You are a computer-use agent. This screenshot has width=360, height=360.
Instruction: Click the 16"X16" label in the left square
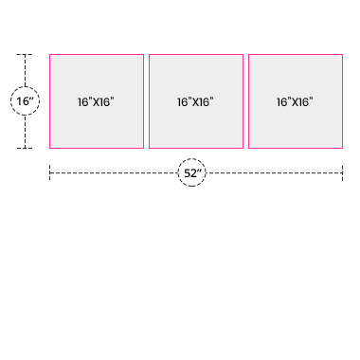[x=96, y=102]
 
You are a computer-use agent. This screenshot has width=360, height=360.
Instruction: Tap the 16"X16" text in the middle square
[x=195, y=102]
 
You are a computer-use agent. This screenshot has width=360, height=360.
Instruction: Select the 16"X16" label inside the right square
[x=295, y=102]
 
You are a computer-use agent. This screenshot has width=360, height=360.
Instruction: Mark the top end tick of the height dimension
[x=25, y=55]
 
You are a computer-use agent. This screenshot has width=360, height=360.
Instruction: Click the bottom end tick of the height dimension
[x=25, y=148]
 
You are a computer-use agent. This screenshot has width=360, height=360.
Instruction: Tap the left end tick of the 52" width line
[x=49, y=172]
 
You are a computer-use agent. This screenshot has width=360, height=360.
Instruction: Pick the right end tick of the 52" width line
[x=342, y=172]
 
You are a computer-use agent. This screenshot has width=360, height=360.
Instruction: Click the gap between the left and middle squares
[x=146, y=101]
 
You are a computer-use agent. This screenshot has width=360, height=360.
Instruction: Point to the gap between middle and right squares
[x=245, y=101]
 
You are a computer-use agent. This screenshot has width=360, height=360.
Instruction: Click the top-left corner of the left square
[x=49, y=54]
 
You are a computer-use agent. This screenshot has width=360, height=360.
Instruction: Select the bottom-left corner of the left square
[x=49, y=148]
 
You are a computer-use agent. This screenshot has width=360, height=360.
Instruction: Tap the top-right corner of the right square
[x=342, y=54]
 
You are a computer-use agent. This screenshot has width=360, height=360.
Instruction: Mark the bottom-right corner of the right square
[x=342, y=148]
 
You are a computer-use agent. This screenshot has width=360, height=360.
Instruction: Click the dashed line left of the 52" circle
[x=114, y=172]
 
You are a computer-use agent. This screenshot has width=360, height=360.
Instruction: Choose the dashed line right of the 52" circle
[x=274, y=172]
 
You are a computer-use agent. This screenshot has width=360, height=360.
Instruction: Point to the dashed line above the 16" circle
[x=25, y=70]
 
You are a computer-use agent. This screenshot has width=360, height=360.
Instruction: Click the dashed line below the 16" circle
[x=25, y=132]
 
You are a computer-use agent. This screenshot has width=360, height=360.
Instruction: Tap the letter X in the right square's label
[x=296, y=102]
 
